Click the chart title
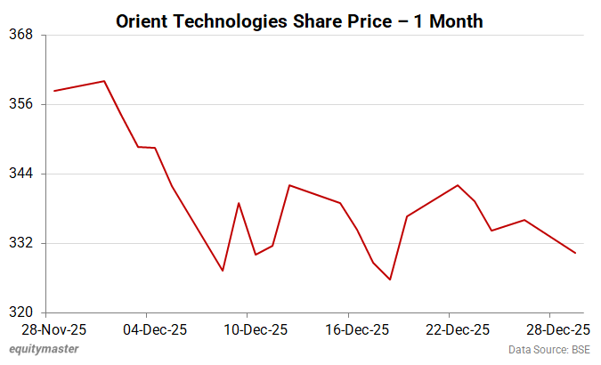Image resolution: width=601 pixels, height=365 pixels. click(300, 21)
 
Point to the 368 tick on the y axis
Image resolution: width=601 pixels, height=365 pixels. click(20, 35)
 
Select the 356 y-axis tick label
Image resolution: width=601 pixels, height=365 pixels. click(20, 104)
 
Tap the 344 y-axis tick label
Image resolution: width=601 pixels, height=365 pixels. click(20, 174)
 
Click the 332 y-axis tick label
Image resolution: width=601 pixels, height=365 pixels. click(20, 243)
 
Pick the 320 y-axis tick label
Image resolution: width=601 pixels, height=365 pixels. click(20, 312)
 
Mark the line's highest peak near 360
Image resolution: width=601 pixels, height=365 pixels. click(105, 81)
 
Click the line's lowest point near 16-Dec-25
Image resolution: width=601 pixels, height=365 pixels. click(390, 280)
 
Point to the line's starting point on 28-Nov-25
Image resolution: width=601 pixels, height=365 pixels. click(54, 91)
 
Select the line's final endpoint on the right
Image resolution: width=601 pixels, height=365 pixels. click(576, 253)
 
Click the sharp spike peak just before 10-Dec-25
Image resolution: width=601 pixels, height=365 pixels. click(239, 203)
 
